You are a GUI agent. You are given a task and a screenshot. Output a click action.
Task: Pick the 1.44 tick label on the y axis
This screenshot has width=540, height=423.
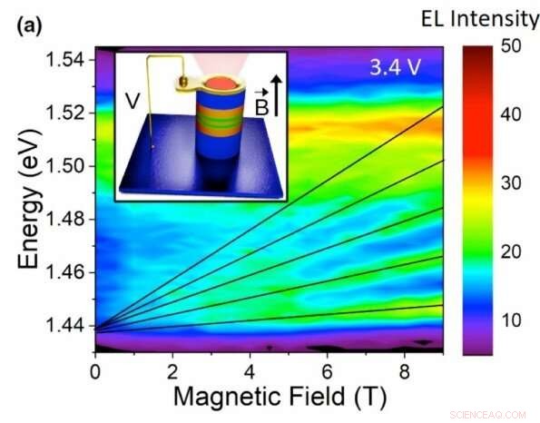[65, 326]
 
